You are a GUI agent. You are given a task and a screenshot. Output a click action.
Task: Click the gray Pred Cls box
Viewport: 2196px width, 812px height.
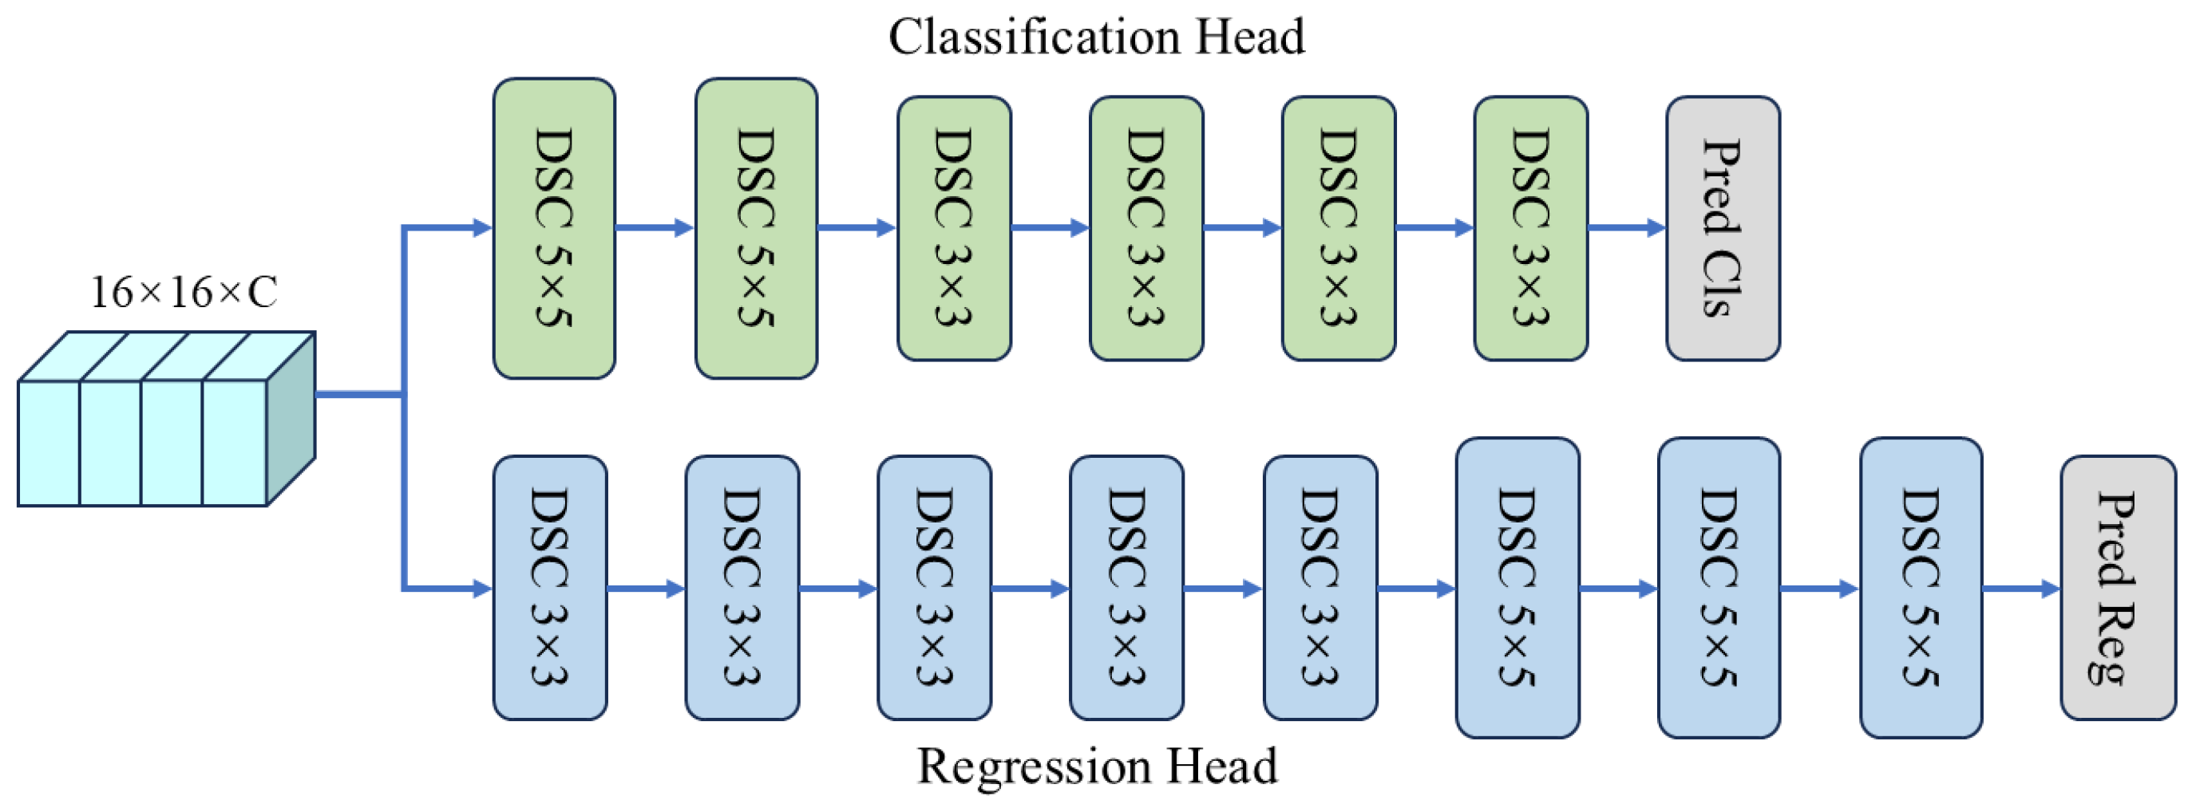tap(1722, 228)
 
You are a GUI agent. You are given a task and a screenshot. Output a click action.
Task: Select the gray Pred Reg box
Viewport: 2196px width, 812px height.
tap(2118, 588)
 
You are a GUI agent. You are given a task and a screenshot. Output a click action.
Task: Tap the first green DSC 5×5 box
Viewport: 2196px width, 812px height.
tap(554, 228)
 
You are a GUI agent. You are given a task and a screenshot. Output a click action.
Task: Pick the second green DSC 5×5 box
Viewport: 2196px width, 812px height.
tap(756, 228)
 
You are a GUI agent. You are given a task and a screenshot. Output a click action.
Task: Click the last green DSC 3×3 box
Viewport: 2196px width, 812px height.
tap(1530, 228)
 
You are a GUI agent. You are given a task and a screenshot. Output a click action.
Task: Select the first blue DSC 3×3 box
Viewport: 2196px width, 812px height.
tap(550, 588)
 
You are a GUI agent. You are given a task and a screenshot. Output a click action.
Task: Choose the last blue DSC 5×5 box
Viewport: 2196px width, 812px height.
tap(1920, 588)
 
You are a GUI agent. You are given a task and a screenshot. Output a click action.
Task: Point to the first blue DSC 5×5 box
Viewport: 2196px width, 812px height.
tap(1517, 588)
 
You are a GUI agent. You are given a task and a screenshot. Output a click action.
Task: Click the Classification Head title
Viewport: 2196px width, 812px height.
tap(1096, 37)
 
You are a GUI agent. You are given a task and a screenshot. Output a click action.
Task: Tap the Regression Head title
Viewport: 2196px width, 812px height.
tap(1096, 765)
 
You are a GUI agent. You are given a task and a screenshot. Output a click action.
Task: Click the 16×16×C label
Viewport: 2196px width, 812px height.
tap(184, 292)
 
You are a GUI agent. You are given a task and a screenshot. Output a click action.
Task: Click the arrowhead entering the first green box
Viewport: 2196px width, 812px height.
tap(482, 228)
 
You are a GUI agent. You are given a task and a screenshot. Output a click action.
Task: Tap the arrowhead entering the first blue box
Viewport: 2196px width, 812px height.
tap(482, 588)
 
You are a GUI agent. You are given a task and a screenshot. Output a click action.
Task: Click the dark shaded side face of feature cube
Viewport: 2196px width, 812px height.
tap(291, 420)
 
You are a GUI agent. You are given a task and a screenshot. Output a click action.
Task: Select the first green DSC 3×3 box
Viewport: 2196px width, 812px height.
tap(954, 228)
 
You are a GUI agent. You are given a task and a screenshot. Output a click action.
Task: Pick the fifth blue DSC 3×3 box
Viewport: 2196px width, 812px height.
tap(1320, 588)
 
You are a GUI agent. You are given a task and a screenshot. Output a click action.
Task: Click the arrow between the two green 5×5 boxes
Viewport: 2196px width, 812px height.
tap(655, 228)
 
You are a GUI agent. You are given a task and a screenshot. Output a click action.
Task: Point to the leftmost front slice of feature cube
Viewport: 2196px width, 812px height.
tap(49, 443)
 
